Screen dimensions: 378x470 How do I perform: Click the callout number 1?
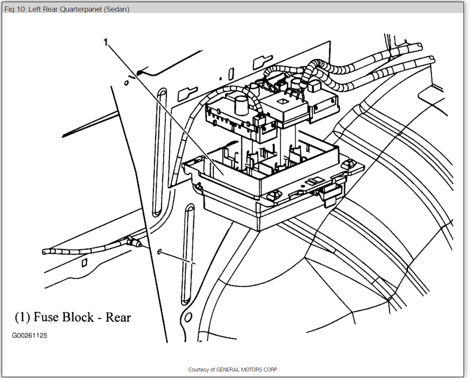(105, 42)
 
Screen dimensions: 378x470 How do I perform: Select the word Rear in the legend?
(118, 317)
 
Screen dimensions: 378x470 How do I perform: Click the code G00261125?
(29, 336)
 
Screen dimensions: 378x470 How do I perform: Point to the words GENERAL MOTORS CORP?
(247, 370)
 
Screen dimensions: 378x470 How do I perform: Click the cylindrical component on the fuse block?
(241, 104)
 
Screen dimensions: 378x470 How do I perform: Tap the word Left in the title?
(35, 9)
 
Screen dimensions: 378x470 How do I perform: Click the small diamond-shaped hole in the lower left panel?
(85, 262)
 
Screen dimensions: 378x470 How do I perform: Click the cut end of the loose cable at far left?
(44, 252)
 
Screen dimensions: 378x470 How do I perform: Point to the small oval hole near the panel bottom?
(188, 318)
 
